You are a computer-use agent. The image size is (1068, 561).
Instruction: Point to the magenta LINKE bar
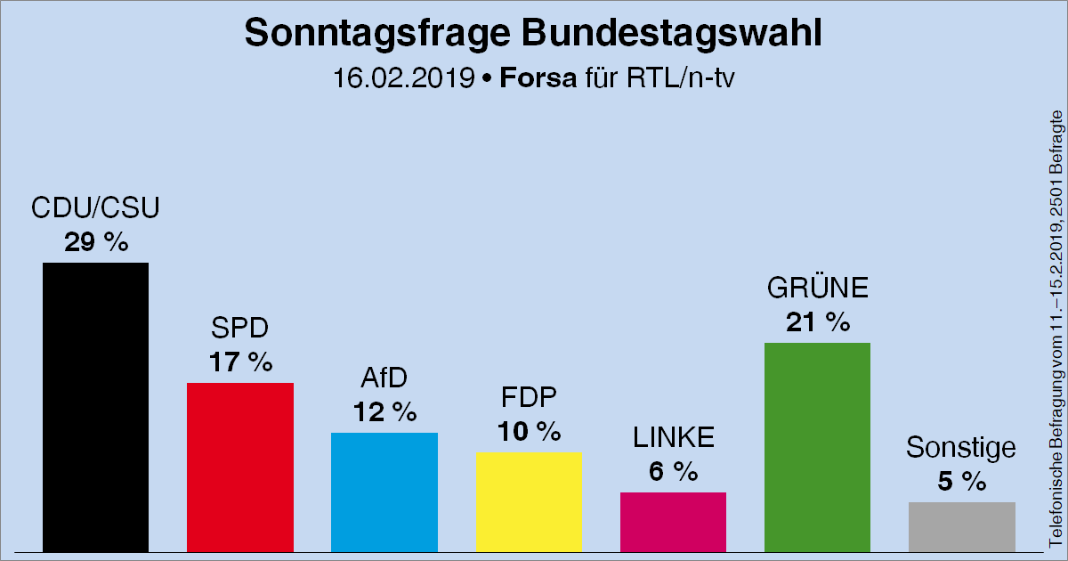click(x=673, y=522)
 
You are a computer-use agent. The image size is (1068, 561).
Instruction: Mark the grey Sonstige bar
click(x=961, y=527)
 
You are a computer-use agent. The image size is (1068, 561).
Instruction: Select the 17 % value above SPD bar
click(x=240, y=362)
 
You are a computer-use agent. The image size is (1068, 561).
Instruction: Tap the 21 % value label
click(x=817, y=322)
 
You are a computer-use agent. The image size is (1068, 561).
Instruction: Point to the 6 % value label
click(x=673, y=472)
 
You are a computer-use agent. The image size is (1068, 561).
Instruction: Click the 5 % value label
click(x=961, y=482)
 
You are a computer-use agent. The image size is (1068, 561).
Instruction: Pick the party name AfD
click(x=384, y=378)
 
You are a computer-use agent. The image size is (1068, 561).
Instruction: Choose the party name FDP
click(x=529, y=398)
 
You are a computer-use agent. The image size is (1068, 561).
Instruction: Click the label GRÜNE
click(x=817, y=289)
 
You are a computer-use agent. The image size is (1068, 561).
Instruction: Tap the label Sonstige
click(x=961, y=448)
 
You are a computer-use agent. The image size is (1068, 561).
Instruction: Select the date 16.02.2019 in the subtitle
click(x=403, y=78)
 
